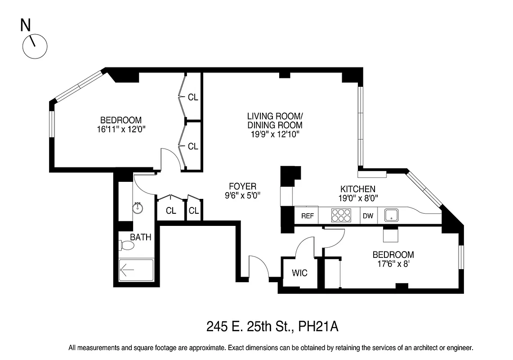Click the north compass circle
tap(35, 46)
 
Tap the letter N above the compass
tap(26, 26)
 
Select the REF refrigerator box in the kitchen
tap(307, 216)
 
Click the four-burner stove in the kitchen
tap(341, 216)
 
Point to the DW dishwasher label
tap(368, 216)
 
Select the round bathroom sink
tap(138, 208)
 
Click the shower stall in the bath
tap(136, 270)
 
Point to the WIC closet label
tap(299, 273)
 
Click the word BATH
tap(141, 237)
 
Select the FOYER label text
tap(242, 186)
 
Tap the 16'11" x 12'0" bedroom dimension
tap(120, 129)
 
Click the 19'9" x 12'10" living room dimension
tap(275, 134)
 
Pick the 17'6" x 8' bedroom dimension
tap(393, 263)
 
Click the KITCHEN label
tap(357, 189)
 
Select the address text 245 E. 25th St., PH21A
tap(272, 326)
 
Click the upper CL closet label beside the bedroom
tap(193, 97)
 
